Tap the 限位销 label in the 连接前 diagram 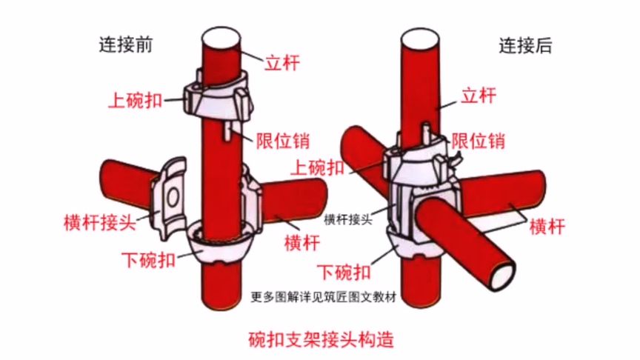pos(282,141)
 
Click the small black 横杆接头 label pos(347,219)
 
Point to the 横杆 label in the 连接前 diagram pos(302,242)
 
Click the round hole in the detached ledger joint pos(172,198)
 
